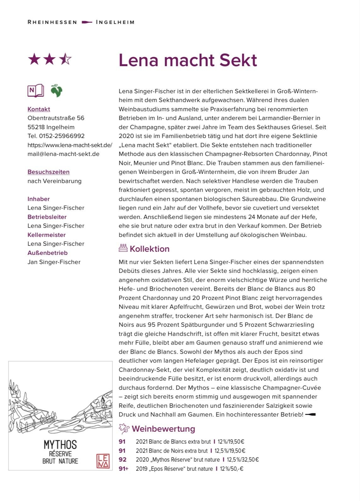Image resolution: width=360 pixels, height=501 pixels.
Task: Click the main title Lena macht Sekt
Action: pos(188,60)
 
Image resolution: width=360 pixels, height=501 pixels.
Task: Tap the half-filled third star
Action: pos(65,59)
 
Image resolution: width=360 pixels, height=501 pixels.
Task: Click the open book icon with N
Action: pos(36,91)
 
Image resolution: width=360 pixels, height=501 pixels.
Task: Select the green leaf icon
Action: pos(57,91)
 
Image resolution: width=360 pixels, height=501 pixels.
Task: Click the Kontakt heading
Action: pos(39,109)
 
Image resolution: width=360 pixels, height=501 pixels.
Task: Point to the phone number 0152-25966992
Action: pos(62,136)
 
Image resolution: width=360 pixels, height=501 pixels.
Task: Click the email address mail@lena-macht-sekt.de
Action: pos(63,154)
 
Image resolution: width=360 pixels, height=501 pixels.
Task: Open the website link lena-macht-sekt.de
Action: pos(70,145)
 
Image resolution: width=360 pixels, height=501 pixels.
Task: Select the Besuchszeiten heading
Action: pos(49,172)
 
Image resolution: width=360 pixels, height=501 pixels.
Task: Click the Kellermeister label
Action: pos(47,235)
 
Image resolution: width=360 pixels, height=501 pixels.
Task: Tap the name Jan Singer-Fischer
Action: pos(54,262)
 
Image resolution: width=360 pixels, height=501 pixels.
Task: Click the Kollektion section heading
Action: pos(149,249)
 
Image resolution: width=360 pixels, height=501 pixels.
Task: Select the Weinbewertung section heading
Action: pos(163,429)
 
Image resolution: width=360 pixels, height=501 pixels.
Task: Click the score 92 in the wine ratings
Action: pos(123,460)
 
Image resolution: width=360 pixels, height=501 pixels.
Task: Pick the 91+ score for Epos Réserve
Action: pos(123,469)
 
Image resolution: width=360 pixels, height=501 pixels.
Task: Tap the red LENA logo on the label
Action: pos(103,461)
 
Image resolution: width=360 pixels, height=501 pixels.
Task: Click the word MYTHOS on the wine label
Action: pos(60,445)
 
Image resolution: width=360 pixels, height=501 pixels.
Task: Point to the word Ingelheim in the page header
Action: pos(115,22)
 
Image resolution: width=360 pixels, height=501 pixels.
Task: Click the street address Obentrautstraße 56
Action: pos(56,118)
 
